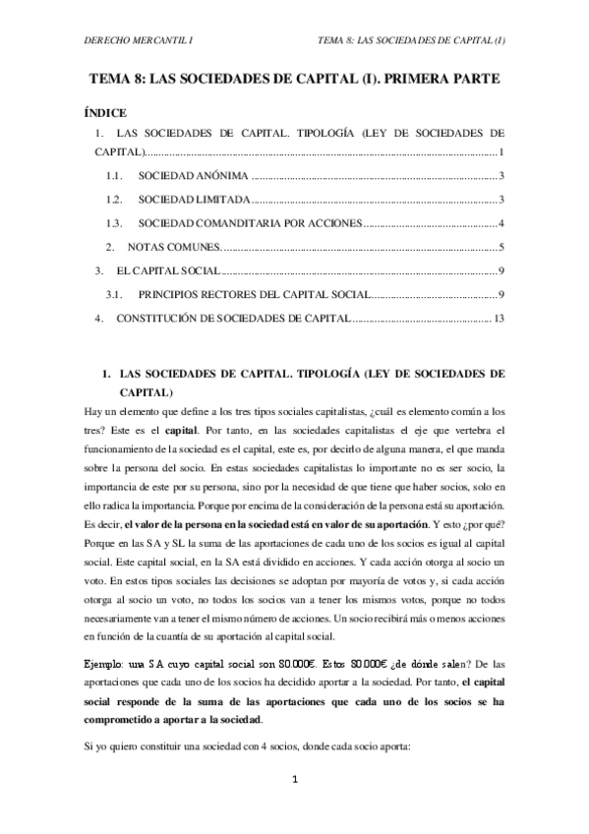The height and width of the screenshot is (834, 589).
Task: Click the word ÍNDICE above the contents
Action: pyautogui.click(x=106, y=114)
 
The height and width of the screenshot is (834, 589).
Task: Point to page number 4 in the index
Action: pyautogui.click(x=501, y=223)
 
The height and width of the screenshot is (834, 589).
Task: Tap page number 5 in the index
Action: pyautogui.click(x=501, y=247)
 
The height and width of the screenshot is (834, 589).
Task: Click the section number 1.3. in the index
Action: pyautogui.click(x=115, y=223)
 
